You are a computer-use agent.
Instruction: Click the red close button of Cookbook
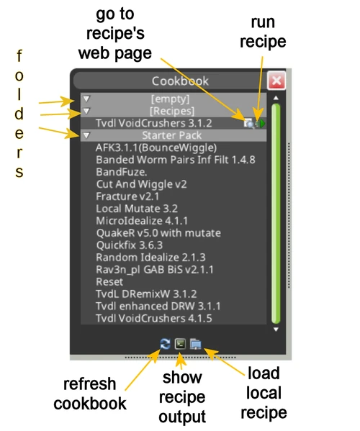click(x=276, y=81)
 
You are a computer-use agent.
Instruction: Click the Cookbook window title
click(x=170, y=81)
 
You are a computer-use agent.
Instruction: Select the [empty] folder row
click(x=170, y=99)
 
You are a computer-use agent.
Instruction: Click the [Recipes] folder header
click(x=170, y=111)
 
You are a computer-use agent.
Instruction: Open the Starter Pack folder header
click(x=170, y=135)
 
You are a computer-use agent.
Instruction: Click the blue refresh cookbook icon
click(x=166, y=344)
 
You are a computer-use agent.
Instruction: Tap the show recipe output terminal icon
click(x=180, y=344)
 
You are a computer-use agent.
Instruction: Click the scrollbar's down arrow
click(x=275, y=330)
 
